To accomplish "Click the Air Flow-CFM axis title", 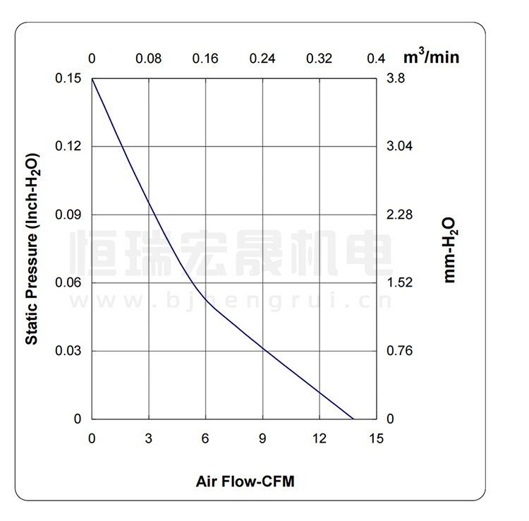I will pyautogui.click(x=245, y=482).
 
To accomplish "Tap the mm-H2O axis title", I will pyautogui.click(x=449, y=250).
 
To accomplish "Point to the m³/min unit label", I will pyautogui.click(x=431, y=56).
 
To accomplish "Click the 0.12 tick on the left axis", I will pyautogui.click(x=68, y=146).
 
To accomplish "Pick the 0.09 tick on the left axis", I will pyautogui.click(x=68, y=215).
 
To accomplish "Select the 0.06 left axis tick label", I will pyautogui.click(x=68, y=282).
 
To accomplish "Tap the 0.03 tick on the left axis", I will pyautogui.click(x=68, y=351).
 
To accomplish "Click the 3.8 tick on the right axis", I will pyautogui.click(x=396, y=78).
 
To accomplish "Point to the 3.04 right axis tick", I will pyautogui.click(x=400, y=146).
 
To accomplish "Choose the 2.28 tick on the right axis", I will pyautogui.click(x=400, y=215).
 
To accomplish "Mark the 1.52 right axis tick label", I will pyautogui.click(x=400, y=282).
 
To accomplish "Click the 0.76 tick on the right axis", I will pyautogui.click(x=400, y=351).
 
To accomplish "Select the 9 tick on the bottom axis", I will pyautogui.click(x=262, y=438).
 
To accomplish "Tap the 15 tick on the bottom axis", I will pyautogui.click(x=376, y=438).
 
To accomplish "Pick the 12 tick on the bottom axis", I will pyautogui.click(x=320, y=438).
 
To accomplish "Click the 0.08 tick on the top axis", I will pyautogui.click(x=149, y=59).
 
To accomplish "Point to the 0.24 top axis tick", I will pyautogui.click(x=262, y=59).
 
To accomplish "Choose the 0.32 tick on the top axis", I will pyautogui.click(x=320, y=59).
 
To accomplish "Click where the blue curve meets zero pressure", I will pyautogui.click(x=353, y=419).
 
